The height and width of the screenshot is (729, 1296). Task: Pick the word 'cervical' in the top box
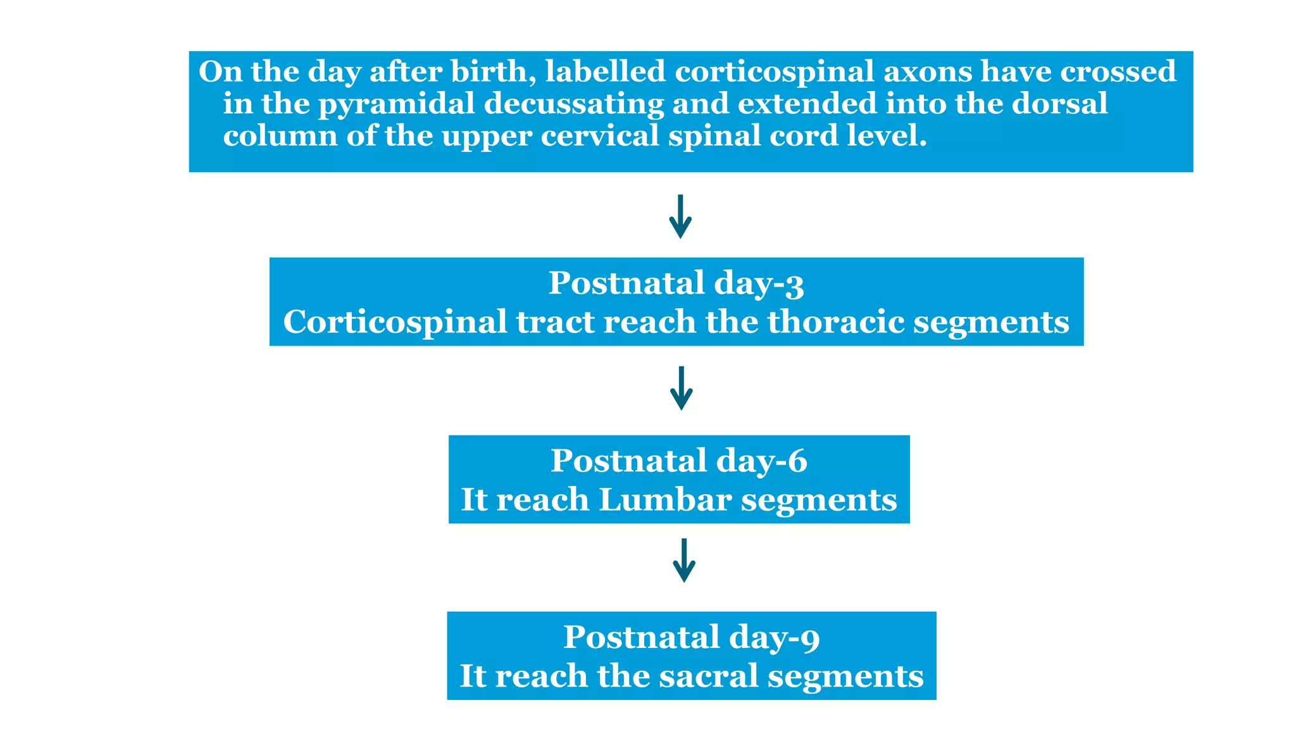pyautogui.click(x=600, y=136)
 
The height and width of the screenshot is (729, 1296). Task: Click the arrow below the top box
pyautogui.click(x=680, y=216)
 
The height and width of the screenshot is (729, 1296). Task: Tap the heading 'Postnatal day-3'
pyautogui.click(x=676, y=283)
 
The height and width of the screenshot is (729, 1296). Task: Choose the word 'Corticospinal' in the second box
pyautogui.click(x=395, y=323)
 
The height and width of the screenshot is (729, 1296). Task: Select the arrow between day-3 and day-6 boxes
pyautogui.click(x=681, y=388)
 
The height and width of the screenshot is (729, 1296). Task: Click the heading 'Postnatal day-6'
pyautogui.click(x=678, y=461)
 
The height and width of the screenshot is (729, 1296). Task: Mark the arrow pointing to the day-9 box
pyautogui.click(x=684, y=560)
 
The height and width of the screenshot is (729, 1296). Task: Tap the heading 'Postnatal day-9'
pyautogui.click(x=691, y=637)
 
